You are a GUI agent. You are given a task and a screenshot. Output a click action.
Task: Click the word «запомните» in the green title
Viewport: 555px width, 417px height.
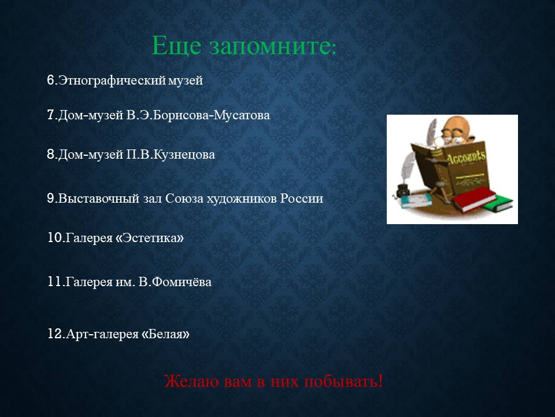(x=272, y=46)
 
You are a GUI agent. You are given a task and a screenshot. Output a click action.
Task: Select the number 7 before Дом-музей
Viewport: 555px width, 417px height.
(x=50, y=115)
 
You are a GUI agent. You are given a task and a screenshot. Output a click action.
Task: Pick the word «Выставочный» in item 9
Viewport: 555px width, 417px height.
(x=99, y=198)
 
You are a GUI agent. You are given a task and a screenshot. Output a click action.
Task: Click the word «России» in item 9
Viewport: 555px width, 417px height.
(x=302, y=198)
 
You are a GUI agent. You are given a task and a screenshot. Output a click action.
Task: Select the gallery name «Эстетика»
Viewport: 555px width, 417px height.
(x=150, y=237)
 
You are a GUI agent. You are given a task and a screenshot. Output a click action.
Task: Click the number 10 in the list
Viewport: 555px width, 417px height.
(x=55, y=237)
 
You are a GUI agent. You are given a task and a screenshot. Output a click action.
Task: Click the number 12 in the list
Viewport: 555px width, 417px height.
(x=55, y=334)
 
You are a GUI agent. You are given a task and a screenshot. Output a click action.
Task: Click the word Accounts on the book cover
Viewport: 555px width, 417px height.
(x=466, y=156)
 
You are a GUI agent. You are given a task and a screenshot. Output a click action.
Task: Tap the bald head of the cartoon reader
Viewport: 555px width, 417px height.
(x=453, y=126)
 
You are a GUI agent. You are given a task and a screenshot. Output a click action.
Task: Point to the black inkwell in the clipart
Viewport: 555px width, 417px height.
(x=403, y=190)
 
